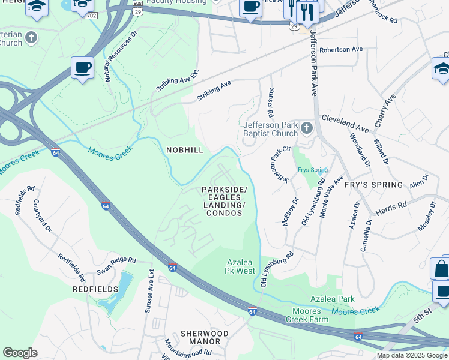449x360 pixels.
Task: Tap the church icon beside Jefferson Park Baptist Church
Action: [307, 127]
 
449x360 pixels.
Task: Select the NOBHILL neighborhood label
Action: [185, 149]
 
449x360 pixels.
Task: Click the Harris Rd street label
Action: [391, 209]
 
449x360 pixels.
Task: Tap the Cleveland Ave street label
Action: [345, 124]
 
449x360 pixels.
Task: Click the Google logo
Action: [20, 353]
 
